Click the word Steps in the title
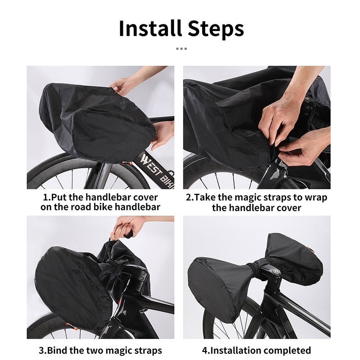click(x=216, y=30)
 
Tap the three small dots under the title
click(x=181, y=49)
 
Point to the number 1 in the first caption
click(x=45, y=198)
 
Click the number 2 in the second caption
click(x=188, y=198)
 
